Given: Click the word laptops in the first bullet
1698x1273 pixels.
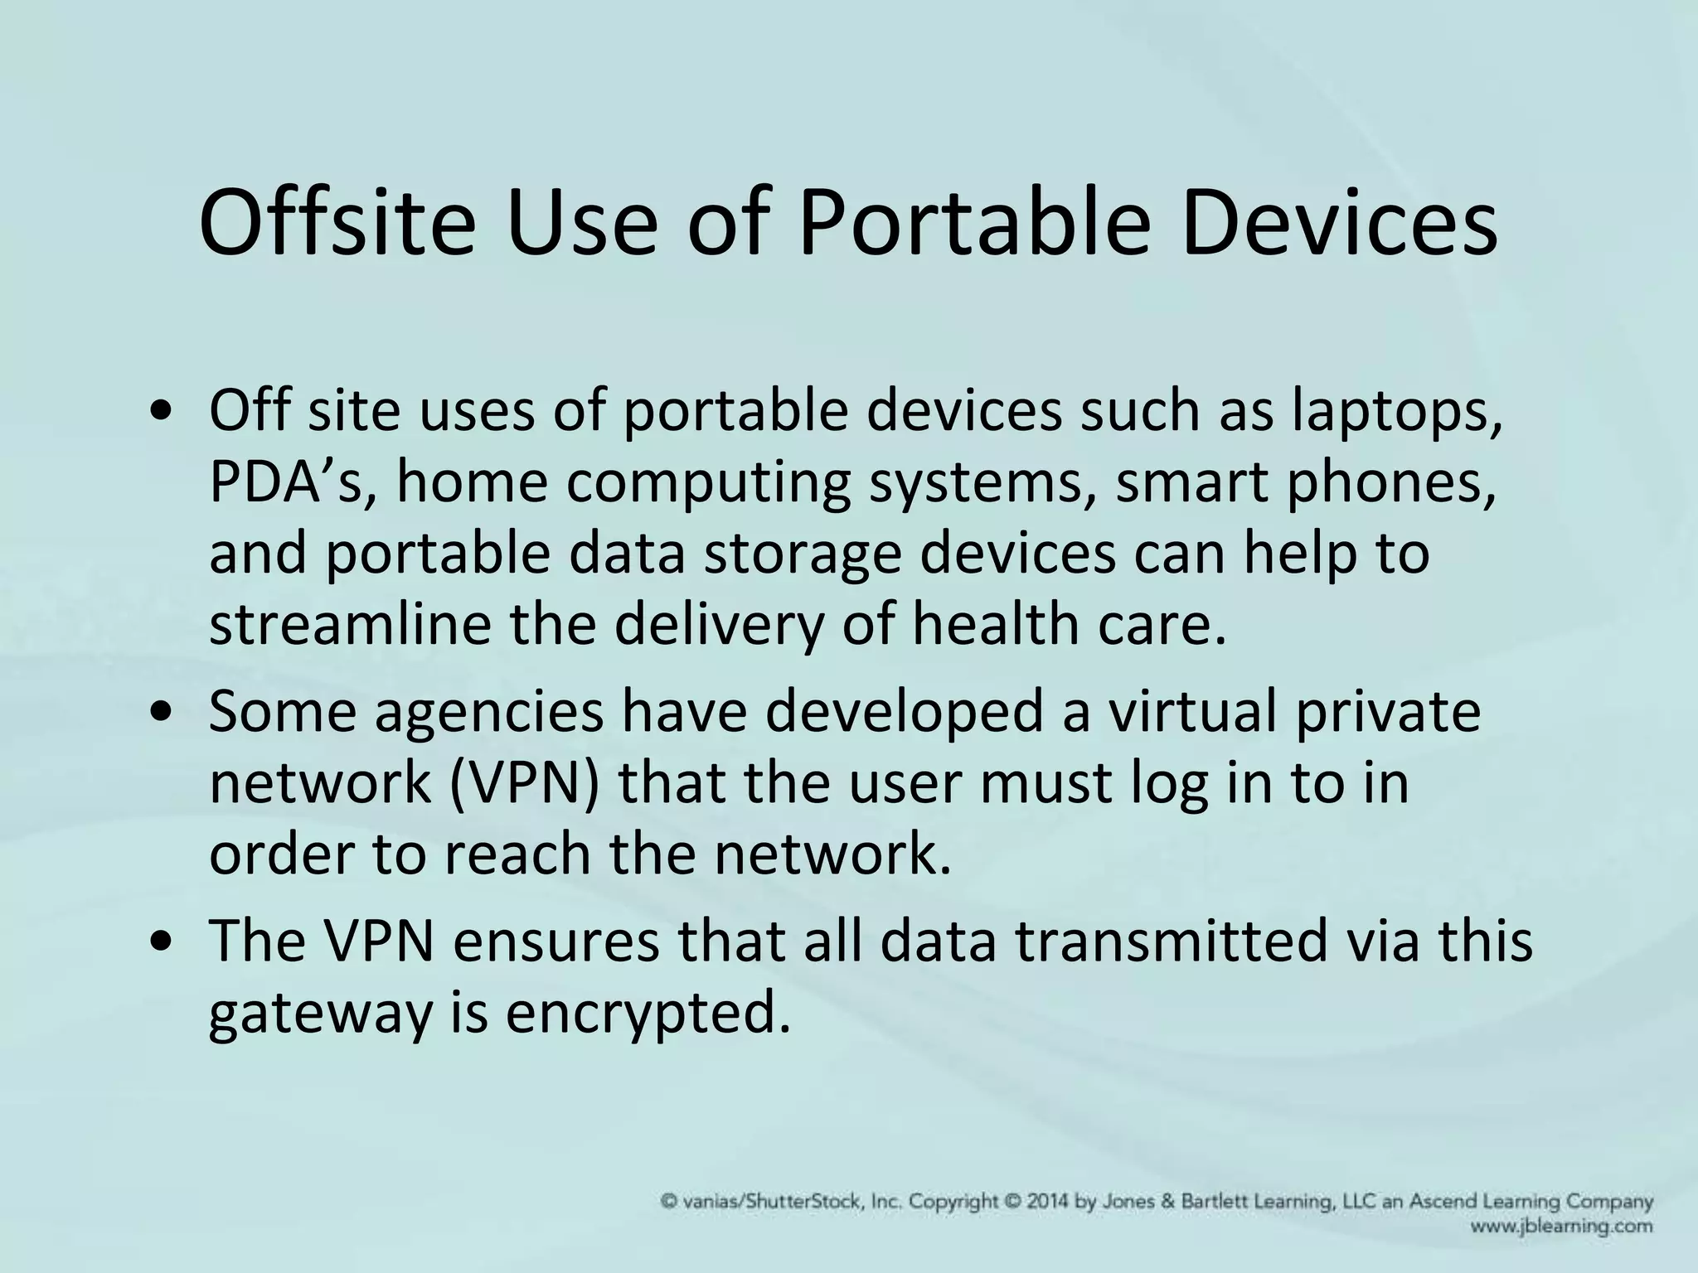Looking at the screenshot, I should tap(1396, 412).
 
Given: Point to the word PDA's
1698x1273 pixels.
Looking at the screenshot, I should tap(295, 482).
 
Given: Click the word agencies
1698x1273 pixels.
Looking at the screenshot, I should tap(488, 712).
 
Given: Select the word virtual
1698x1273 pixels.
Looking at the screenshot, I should tap(1193, 712).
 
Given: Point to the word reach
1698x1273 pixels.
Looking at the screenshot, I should tap(517, 854).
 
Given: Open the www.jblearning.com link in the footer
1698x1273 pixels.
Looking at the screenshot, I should tap(1561, 1226).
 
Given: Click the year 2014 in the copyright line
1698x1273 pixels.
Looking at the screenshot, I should tap(1050, 1202).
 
